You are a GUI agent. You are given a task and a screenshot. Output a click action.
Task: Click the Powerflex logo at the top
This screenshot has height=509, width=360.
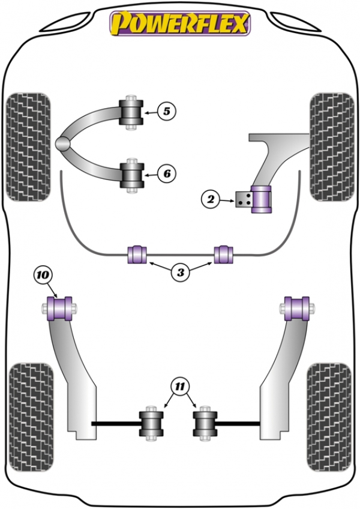point(180,23)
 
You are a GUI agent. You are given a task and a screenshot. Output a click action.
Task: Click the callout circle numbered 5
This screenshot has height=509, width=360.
point(167,112)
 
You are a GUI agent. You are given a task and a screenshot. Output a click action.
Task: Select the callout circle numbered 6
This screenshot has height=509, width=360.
point(167,173)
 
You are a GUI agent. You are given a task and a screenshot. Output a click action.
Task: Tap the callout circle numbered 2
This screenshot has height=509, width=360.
point(211,199)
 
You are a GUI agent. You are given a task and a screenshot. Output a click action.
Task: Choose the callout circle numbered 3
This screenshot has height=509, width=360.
point(181,272)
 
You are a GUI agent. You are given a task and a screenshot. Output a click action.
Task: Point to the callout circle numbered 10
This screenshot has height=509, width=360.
point(43,275)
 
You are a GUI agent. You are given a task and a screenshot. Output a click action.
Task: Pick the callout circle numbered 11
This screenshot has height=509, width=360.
point(180,387)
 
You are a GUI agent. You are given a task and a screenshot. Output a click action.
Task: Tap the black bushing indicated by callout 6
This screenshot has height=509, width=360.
point(131,176)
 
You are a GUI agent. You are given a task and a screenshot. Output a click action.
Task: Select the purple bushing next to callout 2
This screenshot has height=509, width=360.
point(262,199)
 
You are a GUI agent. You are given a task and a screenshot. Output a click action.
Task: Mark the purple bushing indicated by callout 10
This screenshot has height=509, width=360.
point(60,309)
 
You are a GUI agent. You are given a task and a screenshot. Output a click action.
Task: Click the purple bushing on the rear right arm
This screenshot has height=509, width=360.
point(296,309)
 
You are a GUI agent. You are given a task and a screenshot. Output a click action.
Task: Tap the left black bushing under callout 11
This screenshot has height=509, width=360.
point(151,424)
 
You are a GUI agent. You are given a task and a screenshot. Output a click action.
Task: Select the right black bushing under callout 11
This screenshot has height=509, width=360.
point(205,424)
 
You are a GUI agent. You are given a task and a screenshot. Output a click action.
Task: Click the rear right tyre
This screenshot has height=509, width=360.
point(329,417)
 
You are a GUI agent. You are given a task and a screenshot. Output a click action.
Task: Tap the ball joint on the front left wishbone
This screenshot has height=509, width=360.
point(63,143)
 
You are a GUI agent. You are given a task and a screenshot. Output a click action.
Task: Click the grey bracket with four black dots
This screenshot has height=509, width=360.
point(244,200)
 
